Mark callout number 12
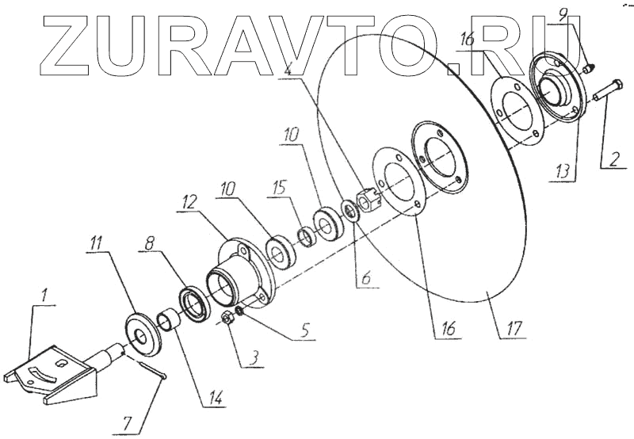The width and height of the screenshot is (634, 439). pyautogui.click(x=188, y=203)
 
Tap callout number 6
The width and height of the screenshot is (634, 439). pyautogui.click(x=365, y=280)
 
